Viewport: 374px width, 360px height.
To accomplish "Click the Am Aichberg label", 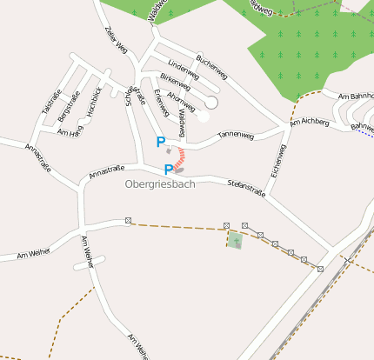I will point(310,123).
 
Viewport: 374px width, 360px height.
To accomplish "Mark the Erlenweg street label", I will point(160,103).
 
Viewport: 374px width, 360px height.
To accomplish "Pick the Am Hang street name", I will point(69,131).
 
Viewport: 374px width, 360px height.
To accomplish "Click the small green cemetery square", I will point(235,241).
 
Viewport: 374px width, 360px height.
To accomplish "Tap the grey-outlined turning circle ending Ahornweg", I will point(211,103).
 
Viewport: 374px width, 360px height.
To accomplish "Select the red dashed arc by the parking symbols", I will point(180,157).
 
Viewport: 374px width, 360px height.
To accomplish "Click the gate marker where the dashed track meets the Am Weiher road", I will point(129,222).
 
